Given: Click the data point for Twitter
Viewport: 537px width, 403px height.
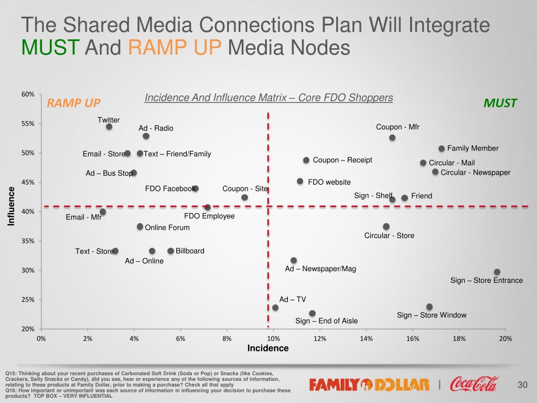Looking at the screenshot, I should pos(109,126).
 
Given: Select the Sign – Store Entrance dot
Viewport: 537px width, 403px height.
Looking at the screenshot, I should pos(497,272).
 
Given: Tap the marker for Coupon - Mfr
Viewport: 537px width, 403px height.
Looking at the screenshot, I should pos(392,137).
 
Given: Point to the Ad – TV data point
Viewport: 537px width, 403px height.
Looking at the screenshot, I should pos(275,307).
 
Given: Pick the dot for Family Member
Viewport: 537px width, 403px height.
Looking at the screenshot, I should pos(442,149).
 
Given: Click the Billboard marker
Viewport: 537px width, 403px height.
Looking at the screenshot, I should pos(170,251).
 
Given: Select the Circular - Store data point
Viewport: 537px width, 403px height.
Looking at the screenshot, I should pos(386,226).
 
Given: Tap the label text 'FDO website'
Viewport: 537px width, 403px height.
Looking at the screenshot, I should pos(329,182).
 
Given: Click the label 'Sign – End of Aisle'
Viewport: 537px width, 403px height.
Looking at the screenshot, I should pos(327,321).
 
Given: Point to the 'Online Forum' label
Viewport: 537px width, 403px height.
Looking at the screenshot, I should pos(167,228).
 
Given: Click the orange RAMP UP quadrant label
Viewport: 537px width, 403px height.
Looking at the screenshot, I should pos(73,103).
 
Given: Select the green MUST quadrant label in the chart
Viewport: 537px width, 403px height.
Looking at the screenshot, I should pos(500,103).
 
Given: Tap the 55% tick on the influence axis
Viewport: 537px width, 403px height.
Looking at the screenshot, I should pos(28,124).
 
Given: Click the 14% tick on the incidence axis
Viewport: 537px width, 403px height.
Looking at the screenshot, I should pos(366,338).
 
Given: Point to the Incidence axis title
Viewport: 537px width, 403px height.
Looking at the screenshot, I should pos(268,348).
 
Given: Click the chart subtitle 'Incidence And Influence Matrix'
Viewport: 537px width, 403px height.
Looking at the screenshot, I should pos(268,98).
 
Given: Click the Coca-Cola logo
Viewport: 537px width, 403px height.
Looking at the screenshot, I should pos(474,384).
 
